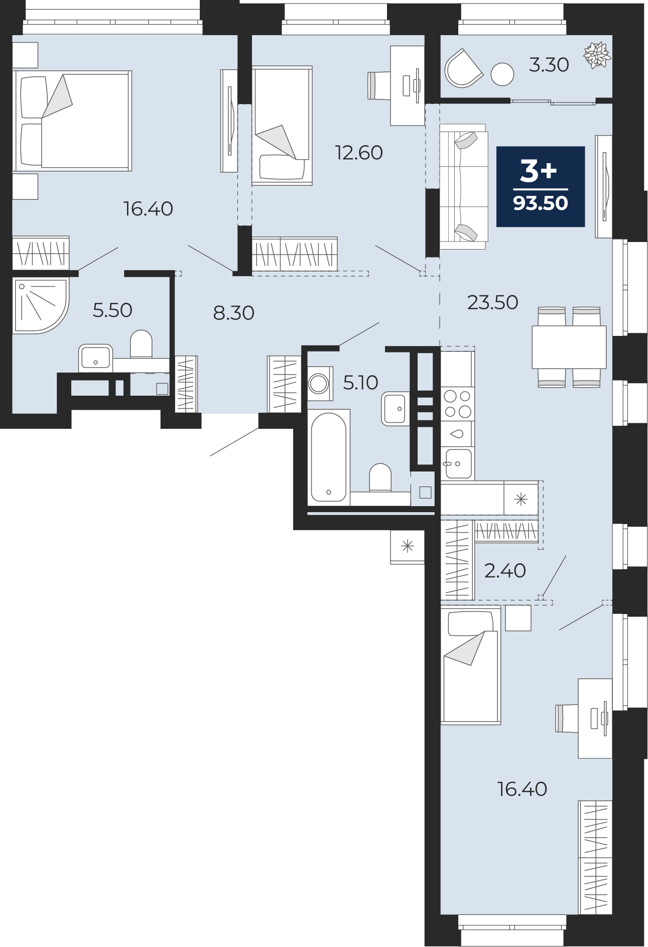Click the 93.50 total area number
coord(541,203)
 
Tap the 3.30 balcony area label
coord(549,65)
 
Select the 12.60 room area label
coord(359,153)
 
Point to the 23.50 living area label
coord(492,302)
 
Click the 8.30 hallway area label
coord(234,313)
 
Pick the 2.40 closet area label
coord(505,570)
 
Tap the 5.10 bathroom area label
coord(360,383)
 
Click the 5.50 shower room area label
coord(112,310)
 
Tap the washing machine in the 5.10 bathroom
coord(319,384)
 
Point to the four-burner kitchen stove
coord(457,404)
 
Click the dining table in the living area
coord(569,347)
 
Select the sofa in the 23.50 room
coord(463,186)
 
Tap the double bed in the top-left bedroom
coord(73,121)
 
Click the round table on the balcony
coord(502,74)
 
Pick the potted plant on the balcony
coord(597,55)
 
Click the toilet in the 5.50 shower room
coord(141,344)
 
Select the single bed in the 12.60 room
coord(282,126)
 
